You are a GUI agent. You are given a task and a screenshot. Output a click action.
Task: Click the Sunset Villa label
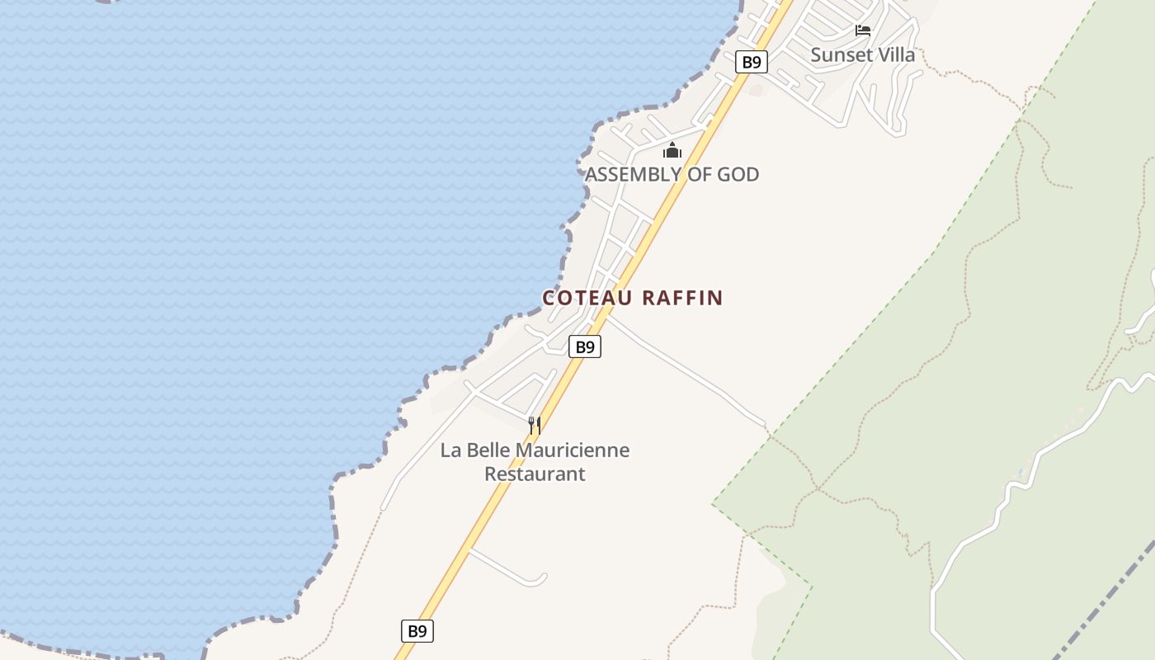862,55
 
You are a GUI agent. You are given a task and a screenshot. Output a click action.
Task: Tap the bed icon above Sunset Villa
863,31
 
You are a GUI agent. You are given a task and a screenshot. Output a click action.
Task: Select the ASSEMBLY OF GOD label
672,174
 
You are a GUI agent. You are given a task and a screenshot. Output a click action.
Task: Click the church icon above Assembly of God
672,150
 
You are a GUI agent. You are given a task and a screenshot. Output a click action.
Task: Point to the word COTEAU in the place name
587,298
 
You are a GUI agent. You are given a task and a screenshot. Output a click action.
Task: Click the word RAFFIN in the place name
682,298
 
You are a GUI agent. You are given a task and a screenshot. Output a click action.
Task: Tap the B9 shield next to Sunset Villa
751,62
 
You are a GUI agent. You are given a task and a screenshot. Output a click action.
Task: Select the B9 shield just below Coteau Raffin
585,347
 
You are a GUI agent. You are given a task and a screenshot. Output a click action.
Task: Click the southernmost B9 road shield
417,631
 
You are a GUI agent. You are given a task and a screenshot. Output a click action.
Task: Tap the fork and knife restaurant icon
535,426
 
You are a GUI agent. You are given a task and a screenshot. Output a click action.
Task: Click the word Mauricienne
572,450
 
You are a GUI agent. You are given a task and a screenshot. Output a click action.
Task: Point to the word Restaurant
535,474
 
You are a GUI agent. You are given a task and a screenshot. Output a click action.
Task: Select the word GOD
737,174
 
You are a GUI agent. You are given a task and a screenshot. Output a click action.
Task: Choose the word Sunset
841,55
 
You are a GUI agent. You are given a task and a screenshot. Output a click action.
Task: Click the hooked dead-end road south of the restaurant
511,570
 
